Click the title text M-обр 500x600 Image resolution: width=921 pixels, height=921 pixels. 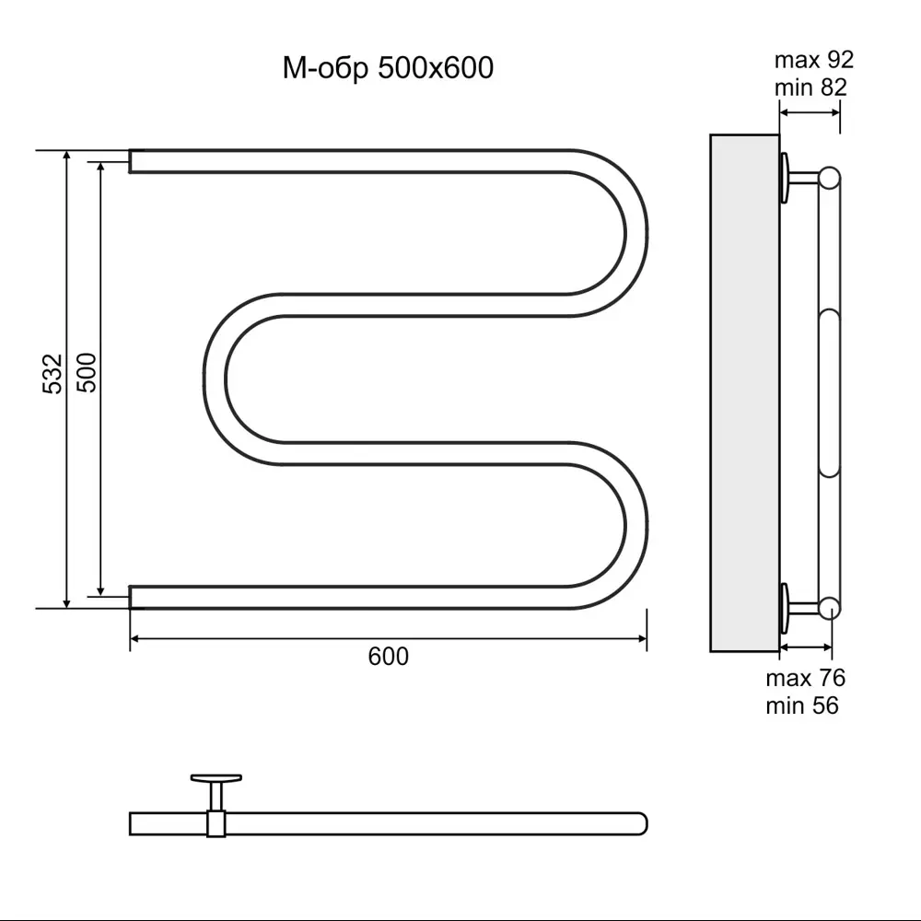[x=388, y=67]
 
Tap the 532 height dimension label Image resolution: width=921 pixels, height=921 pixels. [x=52, y=374]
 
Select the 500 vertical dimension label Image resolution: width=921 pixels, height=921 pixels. [x=87, y=372]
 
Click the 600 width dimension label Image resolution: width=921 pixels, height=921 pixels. [x=389, y=656]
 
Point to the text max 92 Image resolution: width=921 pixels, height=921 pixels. [x=814, y=60]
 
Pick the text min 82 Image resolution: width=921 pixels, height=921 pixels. [x=810, y=87]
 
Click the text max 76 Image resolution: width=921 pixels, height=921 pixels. [x=805, y=679]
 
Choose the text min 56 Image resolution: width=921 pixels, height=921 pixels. [x=802, y=705]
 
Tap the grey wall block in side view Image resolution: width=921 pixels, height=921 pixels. [x=744, y=393]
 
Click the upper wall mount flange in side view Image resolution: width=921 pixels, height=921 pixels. [x=784, y=178]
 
